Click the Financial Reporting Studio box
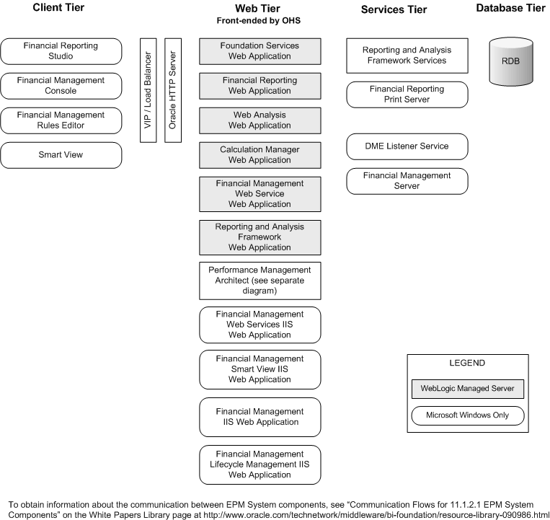pyautogui.click(x=61, y=50)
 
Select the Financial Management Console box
pyautogui.click(x=61, y=85)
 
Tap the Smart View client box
pyautogui.click(x=61, y=154)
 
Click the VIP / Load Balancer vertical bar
pyautogui.click(x=148, y=90)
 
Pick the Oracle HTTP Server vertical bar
pyautogui.click(x=172, y=90)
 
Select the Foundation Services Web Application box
pyautogui.click(x=260, y=50)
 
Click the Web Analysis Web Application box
pyautogui.click(x=260, y=120)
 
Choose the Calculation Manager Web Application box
pyautogui.click(x=260, y=154)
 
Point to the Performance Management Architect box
pyautogui.click(x=260, y=281)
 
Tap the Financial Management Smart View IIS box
pyautogui.click(x=260, y=369)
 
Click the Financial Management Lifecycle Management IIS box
pyautogui.click(x=260, y=464)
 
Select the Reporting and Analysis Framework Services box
pyautogui.click(x=407, y=56)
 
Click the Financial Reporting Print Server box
pyautogui.click(x=407, y=94)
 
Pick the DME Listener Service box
pyautogui.click(x=407, y=146)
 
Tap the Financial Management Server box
pyautogui.click(x=407, y=180)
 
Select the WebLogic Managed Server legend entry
pyautogui.click(x=467, y=389)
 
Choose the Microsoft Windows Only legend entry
pyautogui.click(x=467, y=415)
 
